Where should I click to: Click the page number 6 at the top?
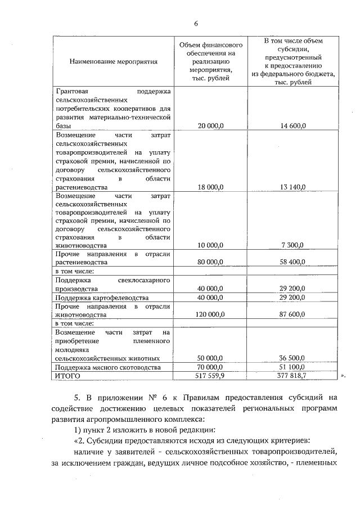point(196,24)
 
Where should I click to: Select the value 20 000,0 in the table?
point(211,127)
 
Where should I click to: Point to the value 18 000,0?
point(211,187)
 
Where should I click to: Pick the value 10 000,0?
point(211,245)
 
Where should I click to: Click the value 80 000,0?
point(211,262)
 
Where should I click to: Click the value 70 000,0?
point(211,367)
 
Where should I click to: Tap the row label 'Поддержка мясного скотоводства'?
point(106,367)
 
